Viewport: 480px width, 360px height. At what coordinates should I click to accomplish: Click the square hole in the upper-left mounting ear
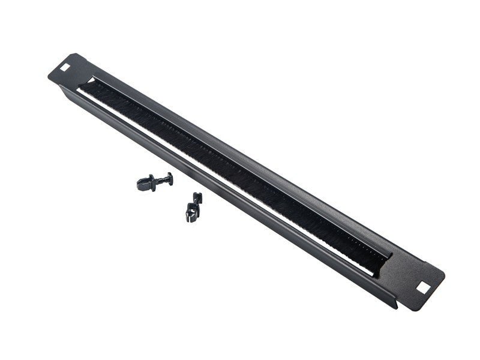[x=65, y=62]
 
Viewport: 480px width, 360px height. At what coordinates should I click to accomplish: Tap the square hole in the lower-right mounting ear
[x=424, y=287]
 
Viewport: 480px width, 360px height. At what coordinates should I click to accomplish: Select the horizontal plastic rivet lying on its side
[x=154, y=181]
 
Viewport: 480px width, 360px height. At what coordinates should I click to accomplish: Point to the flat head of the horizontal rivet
[x=170, y=178]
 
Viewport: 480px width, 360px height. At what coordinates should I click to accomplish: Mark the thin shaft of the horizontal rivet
[x=164, y=179]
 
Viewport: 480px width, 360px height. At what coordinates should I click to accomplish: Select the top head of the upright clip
[x=197, y=197]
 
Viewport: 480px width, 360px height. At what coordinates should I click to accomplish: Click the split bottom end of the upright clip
[x=191, y=215]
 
